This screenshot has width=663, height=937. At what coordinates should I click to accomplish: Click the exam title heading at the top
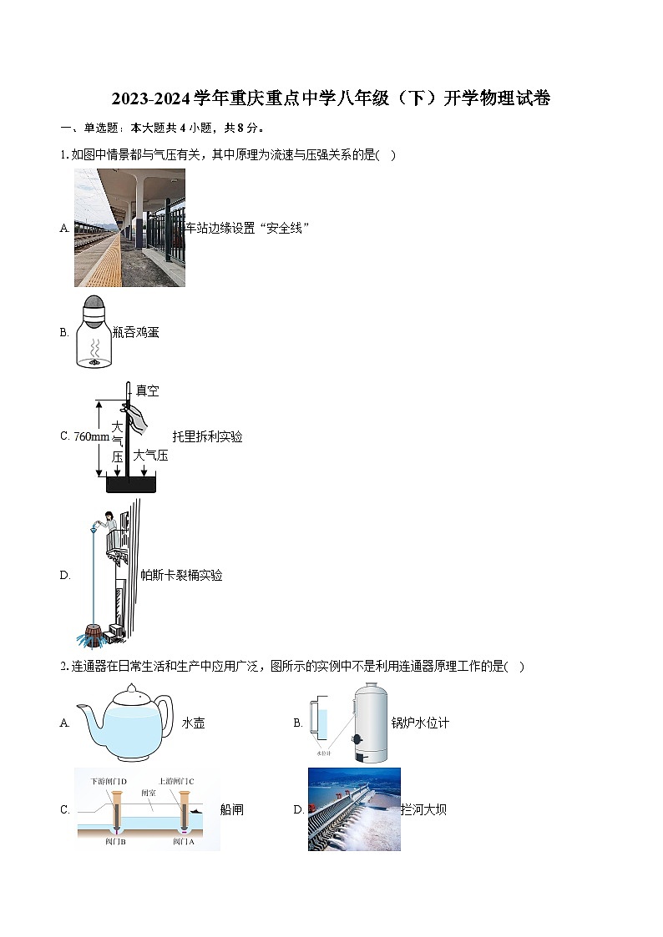[x=331, y=99]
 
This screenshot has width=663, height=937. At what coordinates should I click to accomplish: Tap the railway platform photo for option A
[x=129, y=228]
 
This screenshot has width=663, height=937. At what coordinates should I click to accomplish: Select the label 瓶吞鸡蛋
[x=135, y=332]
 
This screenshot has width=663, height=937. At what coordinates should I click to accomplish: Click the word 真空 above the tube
[x=147, y=390]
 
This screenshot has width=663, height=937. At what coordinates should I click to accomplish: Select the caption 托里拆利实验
[x=207, y=436]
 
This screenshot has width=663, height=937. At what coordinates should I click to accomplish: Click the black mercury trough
[x=131, y=486]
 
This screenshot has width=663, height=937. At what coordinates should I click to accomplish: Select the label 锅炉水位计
[x=420, y=723]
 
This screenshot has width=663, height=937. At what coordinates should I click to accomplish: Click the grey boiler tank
[x=368, y=723]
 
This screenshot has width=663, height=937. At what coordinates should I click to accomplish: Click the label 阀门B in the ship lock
[x=114, y=842]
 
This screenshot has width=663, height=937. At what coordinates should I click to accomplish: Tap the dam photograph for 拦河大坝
[x=354, y=809]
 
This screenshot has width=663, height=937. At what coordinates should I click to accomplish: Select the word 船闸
[x=231, y=809]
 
